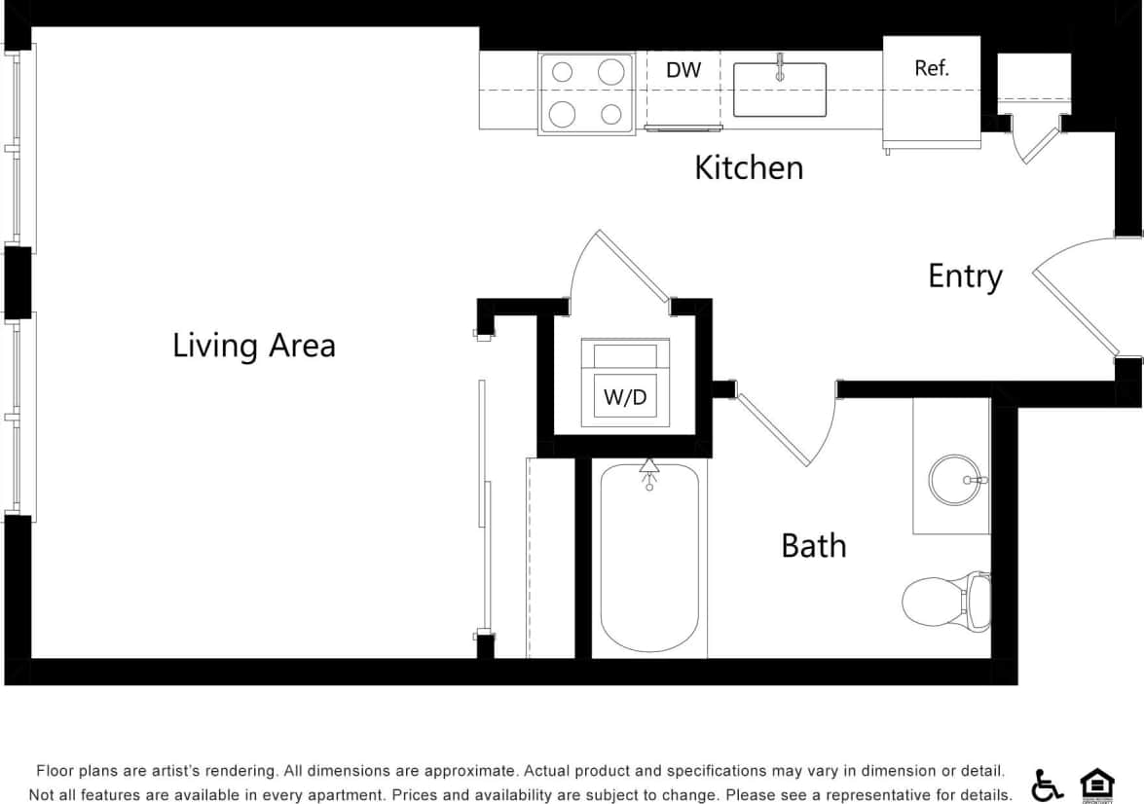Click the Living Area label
tap(253, 346)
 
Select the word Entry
tap(964, 276)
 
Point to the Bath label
tap(813, 545)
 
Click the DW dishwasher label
tap(683, 70)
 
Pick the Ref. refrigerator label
tap(931, 68)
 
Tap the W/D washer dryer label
tap(624, 396)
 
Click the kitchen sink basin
tap(779, 91)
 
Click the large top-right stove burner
tap(610, 71)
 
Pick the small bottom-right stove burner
tap(610, 114)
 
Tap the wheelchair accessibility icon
tap(1048, 784)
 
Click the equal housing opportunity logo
tap(1097, 784)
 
